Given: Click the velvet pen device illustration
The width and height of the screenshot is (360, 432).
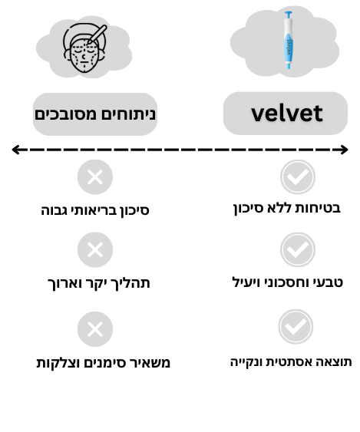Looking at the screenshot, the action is click(289, 40).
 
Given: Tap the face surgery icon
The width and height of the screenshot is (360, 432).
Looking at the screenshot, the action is click(85, 48).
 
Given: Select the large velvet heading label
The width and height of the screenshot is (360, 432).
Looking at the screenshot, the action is click(286, 114).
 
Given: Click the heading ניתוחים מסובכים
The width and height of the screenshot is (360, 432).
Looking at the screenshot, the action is click(95, 114).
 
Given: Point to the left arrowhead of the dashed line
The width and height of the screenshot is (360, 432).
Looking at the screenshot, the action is click(15, 150).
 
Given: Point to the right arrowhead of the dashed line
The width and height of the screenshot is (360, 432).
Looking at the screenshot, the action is click(344, 150).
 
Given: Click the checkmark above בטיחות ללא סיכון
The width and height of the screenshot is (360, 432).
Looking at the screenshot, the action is click(298, 177).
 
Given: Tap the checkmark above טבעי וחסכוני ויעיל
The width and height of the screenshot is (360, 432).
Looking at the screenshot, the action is click(298, 249).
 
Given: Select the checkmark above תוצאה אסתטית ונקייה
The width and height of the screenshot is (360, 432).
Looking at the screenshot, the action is click(296, 326).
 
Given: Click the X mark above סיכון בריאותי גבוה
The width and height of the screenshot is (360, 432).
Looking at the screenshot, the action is click(95, 177).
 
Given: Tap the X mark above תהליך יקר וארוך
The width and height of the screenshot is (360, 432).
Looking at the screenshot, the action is click(95, 249).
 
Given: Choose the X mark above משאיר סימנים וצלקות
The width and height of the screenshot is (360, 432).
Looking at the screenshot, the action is click(95, 329).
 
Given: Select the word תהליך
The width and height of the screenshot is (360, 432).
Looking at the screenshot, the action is click(134, 283).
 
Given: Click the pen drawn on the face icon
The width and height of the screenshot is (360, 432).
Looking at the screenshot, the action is click(97, 35).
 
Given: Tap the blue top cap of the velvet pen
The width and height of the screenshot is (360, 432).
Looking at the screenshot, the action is click(289, 15).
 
